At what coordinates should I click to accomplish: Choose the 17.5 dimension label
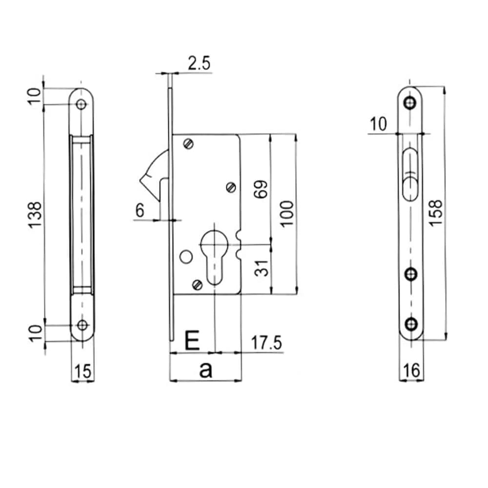tap(266, 343)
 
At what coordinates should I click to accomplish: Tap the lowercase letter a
tap(205, 370)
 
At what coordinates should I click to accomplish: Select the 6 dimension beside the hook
tap(140, 211)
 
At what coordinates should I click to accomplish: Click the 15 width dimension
tap(82, 372)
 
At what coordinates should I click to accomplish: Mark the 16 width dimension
tap(411, 371)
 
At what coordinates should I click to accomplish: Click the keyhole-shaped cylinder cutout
tap(215, 254)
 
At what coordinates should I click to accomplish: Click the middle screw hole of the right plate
tap(412, 274)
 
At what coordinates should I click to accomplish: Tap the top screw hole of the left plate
tap(81, 104)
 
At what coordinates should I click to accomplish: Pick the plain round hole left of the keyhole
tap(185, 256)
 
